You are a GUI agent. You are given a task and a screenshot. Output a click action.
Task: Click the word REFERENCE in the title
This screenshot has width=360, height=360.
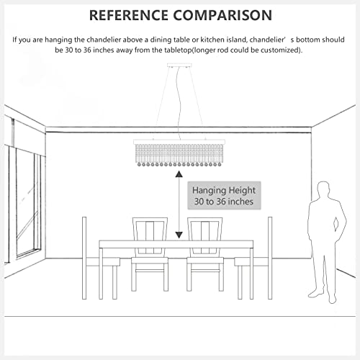[x=129, y=15]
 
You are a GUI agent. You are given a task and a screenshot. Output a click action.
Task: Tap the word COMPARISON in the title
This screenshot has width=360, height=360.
[x=222, y=15]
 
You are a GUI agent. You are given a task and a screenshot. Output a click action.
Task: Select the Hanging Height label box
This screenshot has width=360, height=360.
[x=224, y=196]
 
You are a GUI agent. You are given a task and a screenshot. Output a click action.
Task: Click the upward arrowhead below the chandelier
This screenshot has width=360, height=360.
[x=179, y=174]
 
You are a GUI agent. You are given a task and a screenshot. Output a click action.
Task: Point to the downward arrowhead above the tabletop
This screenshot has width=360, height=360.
[x=179, y=235]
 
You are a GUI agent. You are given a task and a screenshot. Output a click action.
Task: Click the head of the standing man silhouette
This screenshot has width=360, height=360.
[x=324, y=189]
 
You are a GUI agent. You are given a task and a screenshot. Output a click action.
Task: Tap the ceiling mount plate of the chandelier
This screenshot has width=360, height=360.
[x=179, y=66]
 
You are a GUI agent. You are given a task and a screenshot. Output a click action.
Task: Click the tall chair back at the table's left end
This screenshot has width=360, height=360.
[x=84, y=258]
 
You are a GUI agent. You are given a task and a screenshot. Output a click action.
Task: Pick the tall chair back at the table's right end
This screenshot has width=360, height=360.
[x=270, y=258]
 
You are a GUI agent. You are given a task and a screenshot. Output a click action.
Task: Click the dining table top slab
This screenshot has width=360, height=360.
[x=176, y=244]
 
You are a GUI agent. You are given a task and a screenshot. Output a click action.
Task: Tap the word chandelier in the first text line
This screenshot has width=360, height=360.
[x=104, y=40]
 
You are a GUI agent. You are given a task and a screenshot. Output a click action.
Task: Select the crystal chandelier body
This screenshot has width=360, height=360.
[x=179, y=153]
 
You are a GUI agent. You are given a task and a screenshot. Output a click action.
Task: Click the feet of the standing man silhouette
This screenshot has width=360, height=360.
[x=323, y=297]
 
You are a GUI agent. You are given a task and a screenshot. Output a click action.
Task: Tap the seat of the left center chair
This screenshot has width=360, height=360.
[x=150, y=261]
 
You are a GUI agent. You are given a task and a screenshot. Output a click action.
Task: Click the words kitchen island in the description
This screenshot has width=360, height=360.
[x=224, y=40]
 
